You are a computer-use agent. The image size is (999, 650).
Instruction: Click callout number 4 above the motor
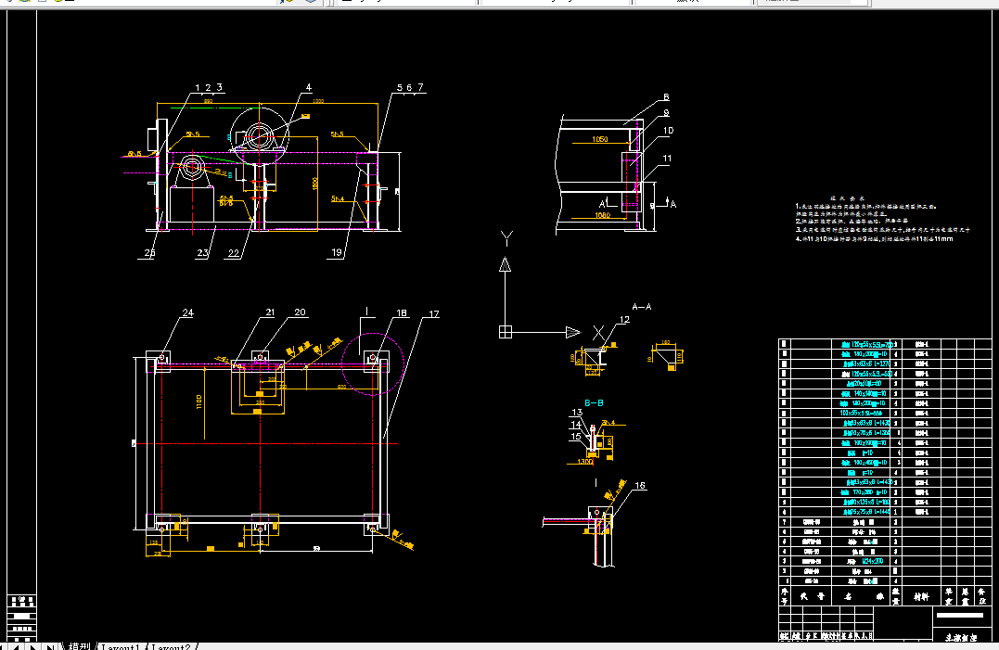[x=309, y=88]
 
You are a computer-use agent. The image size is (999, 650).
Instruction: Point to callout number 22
[x=234, y=250]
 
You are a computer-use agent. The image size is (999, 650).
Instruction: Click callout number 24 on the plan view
[x=187, y=313]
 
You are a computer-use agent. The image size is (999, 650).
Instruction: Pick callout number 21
[x=271, y=313]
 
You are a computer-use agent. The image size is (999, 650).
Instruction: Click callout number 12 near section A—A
[x=624, y=320]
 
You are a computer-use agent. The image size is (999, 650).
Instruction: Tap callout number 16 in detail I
[x=639, y=485]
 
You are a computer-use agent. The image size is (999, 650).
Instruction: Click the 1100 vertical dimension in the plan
[x=197, y=400]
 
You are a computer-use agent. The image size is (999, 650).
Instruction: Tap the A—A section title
[x=641, y=305]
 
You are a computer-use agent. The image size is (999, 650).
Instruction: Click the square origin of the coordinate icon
[x=506, y=331]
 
